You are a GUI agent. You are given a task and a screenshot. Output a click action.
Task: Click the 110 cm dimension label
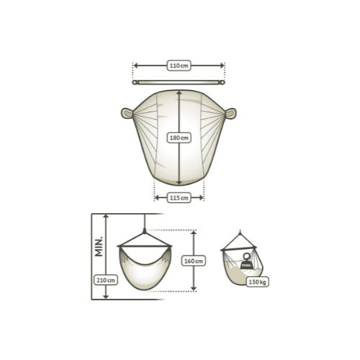pyautogui.click(x=179, y=66)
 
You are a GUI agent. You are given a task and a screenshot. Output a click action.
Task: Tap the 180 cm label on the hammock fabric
pyautogui.click(x=179, y=138)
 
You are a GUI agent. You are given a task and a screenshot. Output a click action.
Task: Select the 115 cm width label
pyautogui.click(x=179, y=198)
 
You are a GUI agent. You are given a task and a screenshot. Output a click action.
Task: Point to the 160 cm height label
pyautogui.click(x=194, y=261)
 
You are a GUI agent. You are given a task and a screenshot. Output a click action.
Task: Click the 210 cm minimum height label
pyautogui.click(x=106, y=280)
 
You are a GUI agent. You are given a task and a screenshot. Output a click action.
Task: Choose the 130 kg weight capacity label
pyautogui.click(x=257, y=282)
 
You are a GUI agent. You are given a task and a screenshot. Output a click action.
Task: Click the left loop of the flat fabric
pyautogui.click(x=127, y=113)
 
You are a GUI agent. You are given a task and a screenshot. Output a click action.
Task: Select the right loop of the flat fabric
pyautogui.click(x=230, y=114)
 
